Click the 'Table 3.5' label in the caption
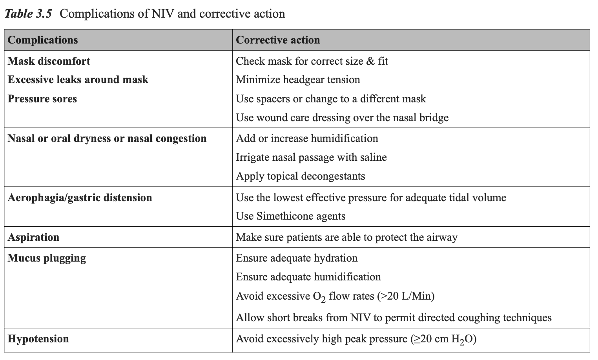point(28,14)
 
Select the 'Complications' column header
point(43,40)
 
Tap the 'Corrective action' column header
point(278,40)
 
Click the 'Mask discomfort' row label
point(49,61)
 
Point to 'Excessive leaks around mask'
point(78,80)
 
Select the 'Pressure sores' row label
point(42,98)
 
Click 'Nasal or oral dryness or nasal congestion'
point(107,138)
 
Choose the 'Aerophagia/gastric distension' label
point(80,197)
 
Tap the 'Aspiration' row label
point(33,237)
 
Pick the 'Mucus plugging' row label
point(47,258)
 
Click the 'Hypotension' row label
point(38,339)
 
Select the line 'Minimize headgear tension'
point(298,80)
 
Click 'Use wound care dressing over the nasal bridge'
point(342,118)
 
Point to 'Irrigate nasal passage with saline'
point(311,157)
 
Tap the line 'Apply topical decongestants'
point(300,176)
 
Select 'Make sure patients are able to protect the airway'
point(346,237)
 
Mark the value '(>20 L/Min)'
point(406,296)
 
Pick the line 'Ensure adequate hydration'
point(297,258)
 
